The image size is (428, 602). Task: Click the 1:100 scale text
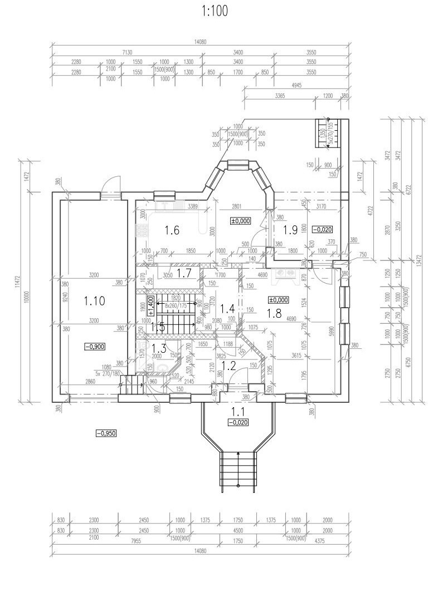pyautogui.click(x=214, y=12)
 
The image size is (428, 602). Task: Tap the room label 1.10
pyautogui.click(x=94, y=302)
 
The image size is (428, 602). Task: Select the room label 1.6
pyautogui.click(x=172, y=230)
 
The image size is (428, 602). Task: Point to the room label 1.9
pyautogui.click(x=291, y=229)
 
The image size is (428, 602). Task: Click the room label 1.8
pyautogui.click(x=274, y=313)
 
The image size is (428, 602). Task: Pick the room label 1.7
pyautogui.click(x=184, y=272)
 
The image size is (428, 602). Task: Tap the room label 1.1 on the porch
pyautogui.click(x=239, y=412)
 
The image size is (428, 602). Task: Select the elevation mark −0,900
pyautogui.click(x=95, y=347)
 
